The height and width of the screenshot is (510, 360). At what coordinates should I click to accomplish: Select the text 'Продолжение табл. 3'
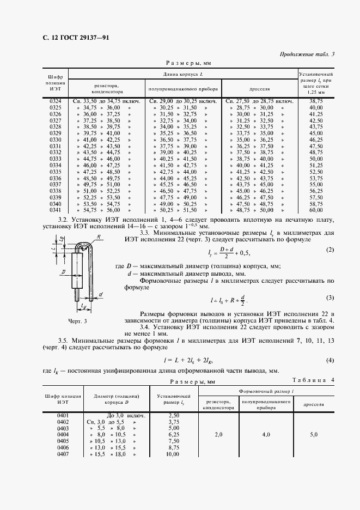[x=307, y=53]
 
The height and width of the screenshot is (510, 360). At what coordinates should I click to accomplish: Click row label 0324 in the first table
[x=56, y=102]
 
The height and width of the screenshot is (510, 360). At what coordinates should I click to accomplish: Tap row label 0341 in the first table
[x=56, y=209]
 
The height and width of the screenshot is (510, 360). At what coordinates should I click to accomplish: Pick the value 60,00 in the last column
[x=316, y=209]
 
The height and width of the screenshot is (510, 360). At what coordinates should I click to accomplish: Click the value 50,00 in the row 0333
[x=316, y=159]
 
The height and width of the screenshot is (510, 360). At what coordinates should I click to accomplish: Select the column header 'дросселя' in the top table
[x=259, y=88]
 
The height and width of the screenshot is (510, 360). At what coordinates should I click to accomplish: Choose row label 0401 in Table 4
[x=63, y=415]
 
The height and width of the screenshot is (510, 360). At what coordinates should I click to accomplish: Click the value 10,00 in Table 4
[x=173, y=454]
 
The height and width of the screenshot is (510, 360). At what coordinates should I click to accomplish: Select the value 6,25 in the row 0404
[x=173, y=435]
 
